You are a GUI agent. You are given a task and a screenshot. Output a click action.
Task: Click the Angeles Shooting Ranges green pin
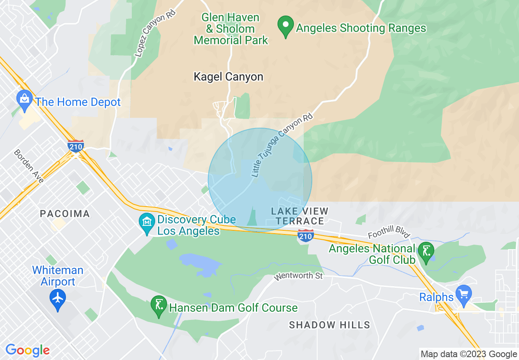pyautogui.click(x=285, y=26)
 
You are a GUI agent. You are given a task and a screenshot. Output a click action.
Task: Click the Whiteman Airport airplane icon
pyautogui.click(x=58, y=299)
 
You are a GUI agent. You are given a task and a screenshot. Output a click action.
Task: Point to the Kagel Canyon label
pyautogui.click(x=228, y=77)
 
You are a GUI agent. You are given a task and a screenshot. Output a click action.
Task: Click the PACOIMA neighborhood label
pyautogui.click(x=65, y=214)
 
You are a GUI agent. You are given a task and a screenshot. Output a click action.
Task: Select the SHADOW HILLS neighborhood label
pyautogui.click(x=329, y=325)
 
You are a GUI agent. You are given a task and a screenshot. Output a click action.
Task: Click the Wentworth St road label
pyautogui.click(x=298, y=277)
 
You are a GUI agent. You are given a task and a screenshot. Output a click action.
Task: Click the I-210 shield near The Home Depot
pyautogui.click(x=76, y=146)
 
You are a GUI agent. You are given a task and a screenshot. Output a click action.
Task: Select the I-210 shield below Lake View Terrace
pyautogui.click(x=305, y=236)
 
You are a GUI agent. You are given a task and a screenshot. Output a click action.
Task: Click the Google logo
pyautogui.click(x=27, y=350)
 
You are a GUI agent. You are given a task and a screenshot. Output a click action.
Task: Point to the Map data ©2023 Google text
pyautogui.click(x=469, y=354)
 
